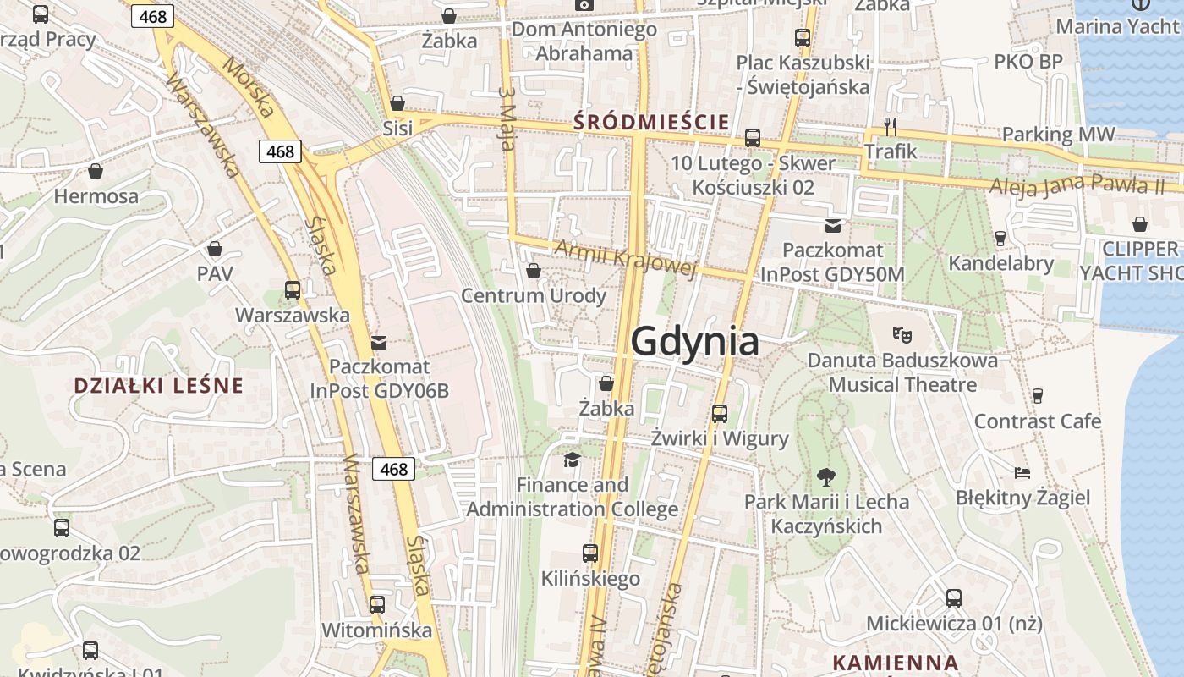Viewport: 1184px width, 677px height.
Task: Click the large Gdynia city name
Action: coord(694,342)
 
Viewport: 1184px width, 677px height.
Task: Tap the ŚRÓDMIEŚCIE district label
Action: coord(651,122)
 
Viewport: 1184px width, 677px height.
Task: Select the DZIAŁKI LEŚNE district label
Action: coord(158,386)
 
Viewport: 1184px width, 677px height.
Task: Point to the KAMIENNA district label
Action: coord(896,663)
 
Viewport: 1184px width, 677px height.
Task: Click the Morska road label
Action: coord(249,87)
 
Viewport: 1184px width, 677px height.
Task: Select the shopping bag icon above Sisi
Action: coord(397,104)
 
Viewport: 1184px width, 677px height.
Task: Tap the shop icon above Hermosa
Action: coord(96,171)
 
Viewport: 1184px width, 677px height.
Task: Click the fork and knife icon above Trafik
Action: coord(890,127)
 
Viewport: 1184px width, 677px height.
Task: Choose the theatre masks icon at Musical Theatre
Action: coord(902,335)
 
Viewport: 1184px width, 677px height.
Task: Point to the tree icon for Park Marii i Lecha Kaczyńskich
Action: coord(825,476)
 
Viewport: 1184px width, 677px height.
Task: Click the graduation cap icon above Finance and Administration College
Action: coord(573,460)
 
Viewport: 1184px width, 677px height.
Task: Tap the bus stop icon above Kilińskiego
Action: coord(590,553)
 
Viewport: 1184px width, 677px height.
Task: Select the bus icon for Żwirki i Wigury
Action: coord(720,413)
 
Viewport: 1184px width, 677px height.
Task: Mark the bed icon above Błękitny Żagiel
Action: coord(1022,472)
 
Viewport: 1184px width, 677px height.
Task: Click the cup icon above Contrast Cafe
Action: coord(1038,395)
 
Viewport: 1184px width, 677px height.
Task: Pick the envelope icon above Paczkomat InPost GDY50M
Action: coord(833,225)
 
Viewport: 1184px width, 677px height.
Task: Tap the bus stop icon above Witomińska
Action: coord(377,604)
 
